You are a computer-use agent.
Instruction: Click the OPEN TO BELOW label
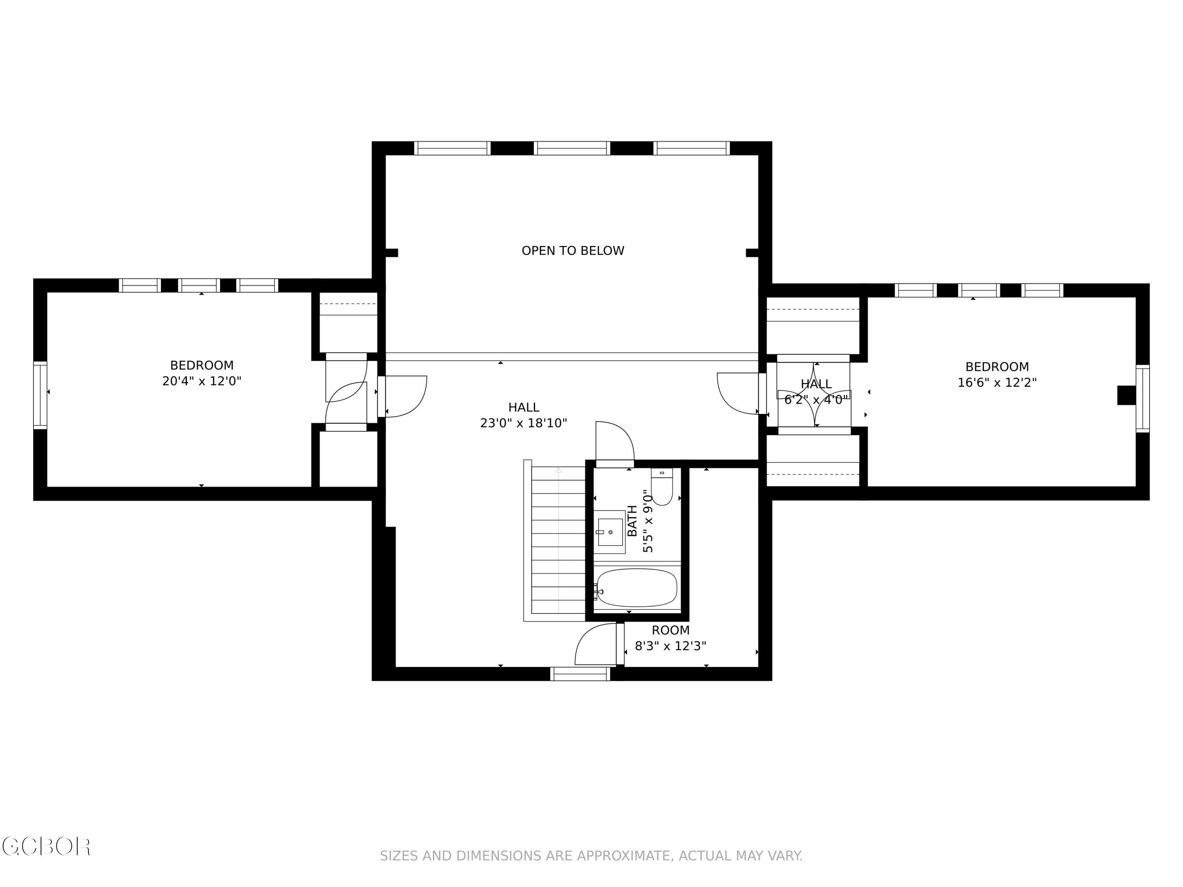[x=573, y=251]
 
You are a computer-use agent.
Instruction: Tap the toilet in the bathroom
[x=662, y=488]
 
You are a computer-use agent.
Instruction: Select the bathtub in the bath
[x=636, y=588]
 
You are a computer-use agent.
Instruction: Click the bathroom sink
[x=610, y=532]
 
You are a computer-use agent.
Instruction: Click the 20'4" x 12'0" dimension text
[x=202, y=381]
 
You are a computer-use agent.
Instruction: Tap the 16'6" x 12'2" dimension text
[x=997, y=383]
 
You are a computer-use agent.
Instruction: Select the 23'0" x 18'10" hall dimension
[x=524, y=423]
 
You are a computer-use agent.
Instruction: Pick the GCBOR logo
[x=46, y=846]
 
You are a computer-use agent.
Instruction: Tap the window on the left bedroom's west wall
[x=40, y=395]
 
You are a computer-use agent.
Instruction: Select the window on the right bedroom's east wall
[x=1142, y=398]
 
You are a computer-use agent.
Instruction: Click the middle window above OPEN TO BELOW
[x=572, y=148]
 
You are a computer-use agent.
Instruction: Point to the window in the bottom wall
[x=580, y=674]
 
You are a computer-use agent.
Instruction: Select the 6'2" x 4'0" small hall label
[x=816, y=399]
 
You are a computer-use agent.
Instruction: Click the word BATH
[x=632, y=521]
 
